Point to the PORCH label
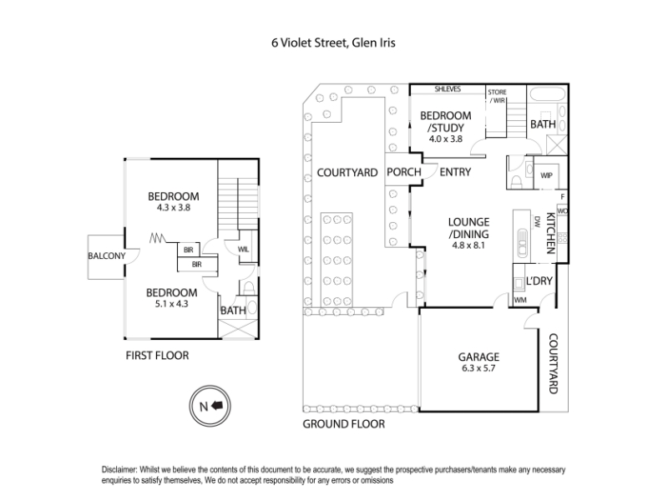pos(403,173)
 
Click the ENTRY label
pos(455,173)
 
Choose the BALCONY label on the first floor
pos(107,256)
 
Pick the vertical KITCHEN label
pos(550,232)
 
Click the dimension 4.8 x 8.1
pos(468,246)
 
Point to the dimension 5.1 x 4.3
pos(172,304)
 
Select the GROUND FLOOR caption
pos(343,424)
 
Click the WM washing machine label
pos(520,299)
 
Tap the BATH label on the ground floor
pos(543,124)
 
